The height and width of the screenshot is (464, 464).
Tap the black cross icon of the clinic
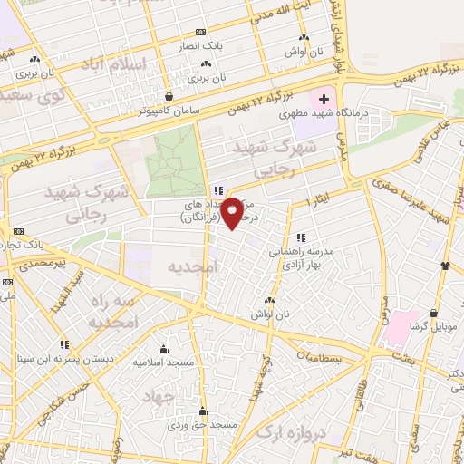coord(324,96)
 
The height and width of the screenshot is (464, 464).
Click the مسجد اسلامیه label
coord(163,362)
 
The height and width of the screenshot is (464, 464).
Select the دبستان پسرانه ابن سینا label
coord(65,359)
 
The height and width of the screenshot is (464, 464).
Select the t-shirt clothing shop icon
coord(445,266)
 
